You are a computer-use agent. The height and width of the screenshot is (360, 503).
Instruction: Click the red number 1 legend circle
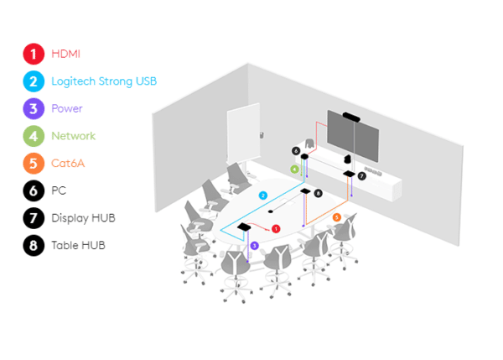[x=33, y=54]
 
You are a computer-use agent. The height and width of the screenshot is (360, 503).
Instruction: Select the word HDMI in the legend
[x=66, y=54]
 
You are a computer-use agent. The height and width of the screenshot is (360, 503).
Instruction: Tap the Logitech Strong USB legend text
[x=103, y=81]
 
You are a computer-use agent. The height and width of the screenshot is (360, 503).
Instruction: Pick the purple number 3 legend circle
[x=33, y=108]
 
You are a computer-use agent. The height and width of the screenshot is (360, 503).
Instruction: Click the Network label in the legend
[x=73, y=136]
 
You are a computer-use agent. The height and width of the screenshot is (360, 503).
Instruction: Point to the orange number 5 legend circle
[x=33, y=163]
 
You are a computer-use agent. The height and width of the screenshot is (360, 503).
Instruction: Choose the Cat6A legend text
[x=68, y=163]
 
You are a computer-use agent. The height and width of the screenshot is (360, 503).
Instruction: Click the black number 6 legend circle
[x=33, y=190]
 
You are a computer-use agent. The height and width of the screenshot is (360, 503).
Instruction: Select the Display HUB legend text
[x=83, y=218]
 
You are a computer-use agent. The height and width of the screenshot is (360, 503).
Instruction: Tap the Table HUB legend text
[x=78, y=245]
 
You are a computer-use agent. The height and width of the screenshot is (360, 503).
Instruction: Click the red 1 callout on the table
[x=276, y=228]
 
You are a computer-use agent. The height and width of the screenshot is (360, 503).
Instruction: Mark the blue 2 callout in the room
[x=262, y=195]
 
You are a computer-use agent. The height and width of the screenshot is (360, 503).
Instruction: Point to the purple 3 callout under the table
[x=254, y=245]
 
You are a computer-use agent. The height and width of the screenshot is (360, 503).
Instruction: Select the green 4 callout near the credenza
[x=294, y=169]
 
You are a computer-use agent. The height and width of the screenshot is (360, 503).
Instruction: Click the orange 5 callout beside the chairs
[x=337, y=217]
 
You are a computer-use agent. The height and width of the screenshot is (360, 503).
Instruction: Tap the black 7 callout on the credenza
[x=362, y=176]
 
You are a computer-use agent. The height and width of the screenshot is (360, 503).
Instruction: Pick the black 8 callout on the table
[x=319, y=194]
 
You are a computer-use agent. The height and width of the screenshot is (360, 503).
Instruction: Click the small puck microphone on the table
[x=271, y=211]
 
